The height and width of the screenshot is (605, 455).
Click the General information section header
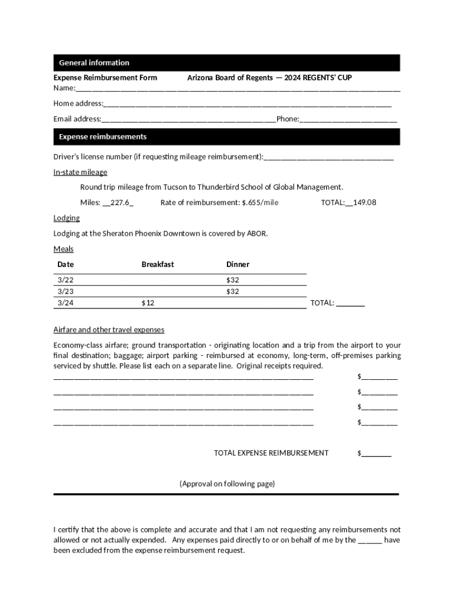point(94,63)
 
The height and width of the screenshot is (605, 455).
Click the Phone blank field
point(348,119)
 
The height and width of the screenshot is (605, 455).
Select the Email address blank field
point(188,119)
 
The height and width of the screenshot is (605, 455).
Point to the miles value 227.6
point(119,203)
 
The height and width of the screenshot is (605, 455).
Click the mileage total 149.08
point(364,203)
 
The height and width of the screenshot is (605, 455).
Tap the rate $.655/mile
point(260,203)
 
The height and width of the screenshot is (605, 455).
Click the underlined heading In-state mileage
point(80,172)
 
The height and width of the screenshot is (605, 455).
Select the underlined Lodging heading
point(66,218)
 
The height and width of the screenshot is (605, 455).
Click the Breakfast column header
point(158,264)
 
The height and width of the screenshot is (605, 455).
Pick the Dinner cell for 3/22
point(232,279)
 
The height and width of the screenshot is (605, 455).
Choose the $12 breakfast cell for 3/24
point(148,303)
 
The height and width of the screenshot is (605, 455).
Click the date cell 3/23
point(66,291)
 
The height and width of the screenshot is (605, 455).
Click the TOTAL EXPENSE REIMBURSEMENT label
point(271,453)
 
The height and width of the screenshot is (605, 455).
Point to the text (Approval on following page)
point(227,484)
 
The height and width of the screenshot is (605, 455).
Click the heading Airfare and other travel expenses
point(109,330)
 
